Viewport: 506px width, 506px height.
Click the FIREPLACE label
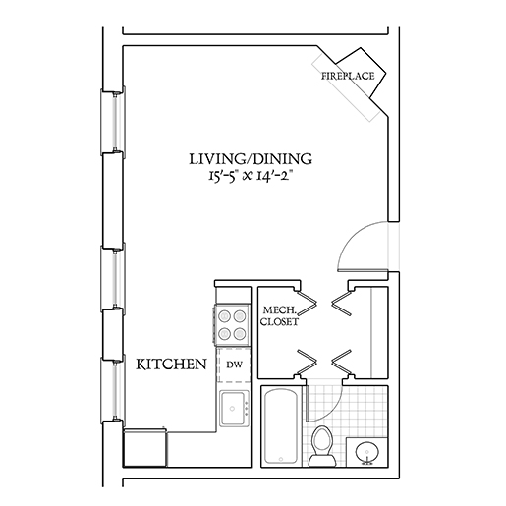click(x=348, y=76)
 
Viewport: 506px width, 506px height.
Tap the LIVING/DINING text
click(x=251, y=159)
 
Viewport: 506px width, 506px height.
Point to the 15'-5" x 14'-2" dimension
click(x=251, y=177)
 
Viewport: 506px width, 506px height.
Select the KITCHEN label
click(x=171, y=365)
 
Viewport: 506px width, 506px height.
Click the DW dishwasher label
click(x=235, y=365)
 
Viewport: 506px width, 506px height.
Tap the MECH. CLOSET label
click(x=279, y=315)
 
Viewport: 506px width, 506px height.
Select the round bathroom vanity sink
click(x=367, y=452)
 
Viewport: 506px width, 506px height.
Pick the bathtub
click(x=281, y=426)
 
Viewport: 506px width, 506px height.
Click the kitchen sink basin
click(x=232, y=409)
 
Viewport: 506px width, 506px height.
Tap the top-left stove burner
click(x=225, y=316)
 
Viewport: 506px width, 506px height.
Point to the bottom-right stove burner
click(x=240, y=334)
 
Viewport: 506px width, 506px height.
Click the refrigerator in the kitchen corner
click(x=144, y=448)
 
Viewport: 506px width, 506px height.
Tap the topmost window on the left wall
click(x=114, y=120)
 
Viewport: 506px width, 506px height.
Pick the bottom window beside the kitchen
click(x=114, y=389)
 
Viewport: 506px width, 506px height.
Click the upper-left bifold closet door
click(x=307, y=303)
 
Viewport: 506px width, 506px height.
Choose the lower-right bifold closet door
click(x=342, y=363)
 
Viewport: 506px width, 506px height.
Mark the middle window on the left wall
click(x=114, y=278)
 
